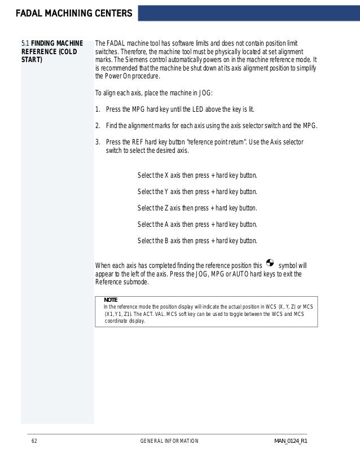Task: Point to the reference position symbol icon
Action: pyautogui.click(x=269, y=263)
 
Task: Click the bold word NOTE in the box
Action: pyautogui.click(x=110, y=300)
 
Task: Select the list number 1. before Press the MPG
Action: pyautogui.click(x=98, y=109)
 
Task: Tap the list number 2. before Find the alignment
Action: pyautogui.click(x=98, y=126)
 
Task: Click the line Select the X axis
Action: pyautogui.click(x=197, y=175)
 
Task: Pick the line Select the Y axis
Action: pyautogui.click(x=197, y=192)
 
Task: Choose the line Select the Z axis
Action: pyautogui.click(x=197, y=208)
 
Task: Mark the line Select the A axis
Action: pyautogui.click(x=197, y=225)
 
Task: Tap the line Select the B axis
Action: pyautogui.click(x=197, y=241)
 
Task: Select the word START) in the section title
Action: pyautogui.click(x=32, y=60)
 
